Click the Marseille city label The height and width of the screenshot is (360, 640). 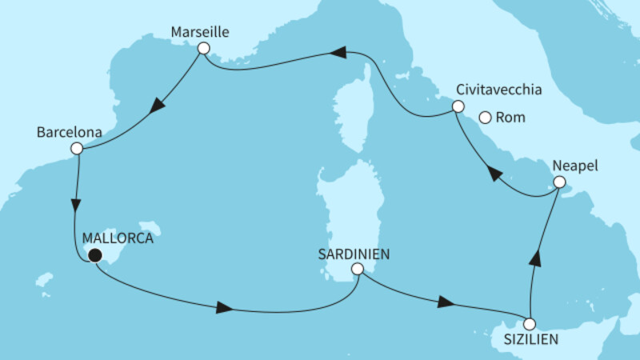(201, 33)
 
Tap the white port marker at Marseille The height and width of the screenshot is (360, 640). (203, 49)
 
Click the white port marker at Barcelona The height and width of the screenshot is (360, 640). (76, 148)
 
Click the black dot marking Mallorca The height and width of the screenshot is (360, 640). (95, 256)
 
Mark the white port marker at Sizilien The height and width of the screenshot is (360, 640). (529, 324)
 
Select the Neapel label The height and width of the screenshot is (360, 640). (574, 166)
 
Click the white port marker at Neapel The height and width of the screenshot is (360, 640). (561, 183)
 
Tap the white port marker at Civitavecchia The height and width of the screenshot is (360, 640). (458, 106)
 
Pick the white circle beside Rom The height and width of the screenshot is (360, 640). (485, 118)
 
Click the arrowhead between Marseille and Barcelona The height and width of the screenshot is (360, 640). (159, 105)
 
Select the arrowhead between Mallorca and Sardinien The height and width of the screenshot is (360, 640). (226, 308)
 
